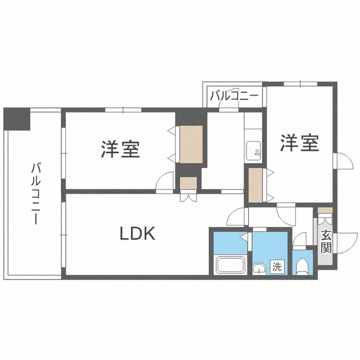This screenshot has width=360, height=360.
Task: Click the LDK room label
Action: click(137, 233)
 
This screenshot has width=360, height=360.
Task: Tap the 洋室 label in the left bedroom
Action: click(120, 149)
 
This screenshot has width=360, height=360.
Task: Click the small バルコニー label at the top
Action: click(235, 96)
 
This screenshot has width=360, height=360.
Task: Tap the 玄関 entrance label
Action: click(326, 240)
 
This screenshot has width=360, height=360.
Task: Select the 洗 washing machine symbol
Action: click(277, 267)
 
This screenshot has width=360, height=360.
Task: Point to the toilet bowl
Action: click(303, 265)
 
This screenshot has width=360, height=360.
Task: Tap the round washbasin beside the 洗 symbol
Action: click(259, 268)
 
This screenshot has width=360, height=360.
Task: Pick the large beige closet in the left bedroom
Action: click(191, 145)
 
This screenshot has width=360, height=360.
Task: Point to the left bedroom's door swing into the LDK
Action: click(166, 182)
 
